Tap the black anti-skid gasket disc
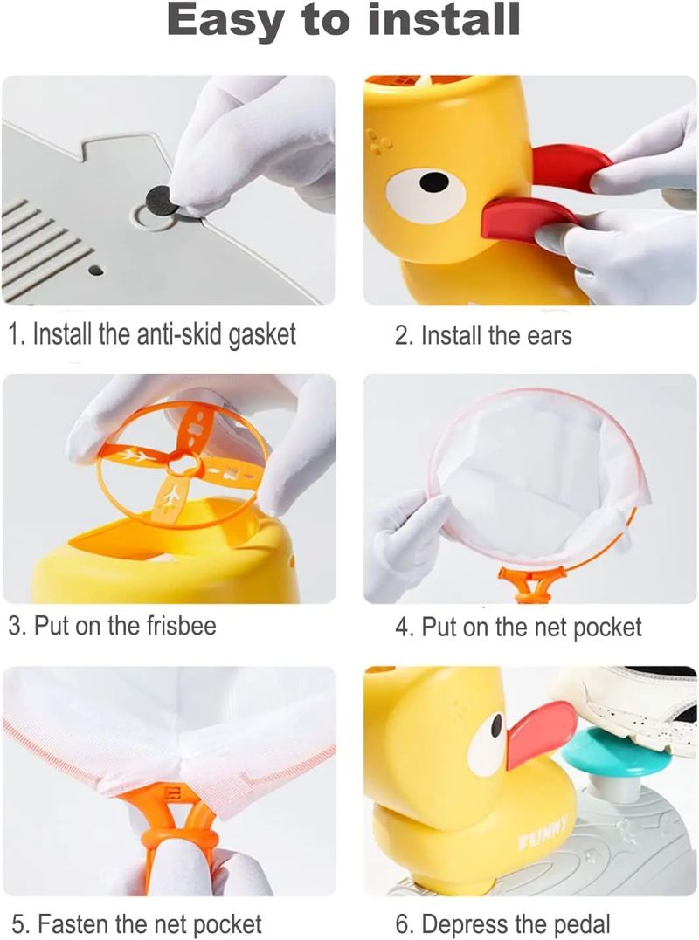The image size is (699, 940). coord(163,199)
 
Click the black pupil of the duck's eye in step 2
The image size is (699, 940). coord(433,182)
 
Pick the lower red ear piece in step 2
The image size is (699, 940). coord(528,219)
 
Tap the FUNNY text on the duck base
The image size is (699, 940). coord(543,834)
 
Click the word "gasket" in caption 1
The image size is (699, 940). coord(262,335)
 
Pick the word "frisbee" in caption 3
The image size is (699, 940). coord(181,625)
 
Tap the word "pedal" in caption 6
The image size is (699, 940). coord(581,923)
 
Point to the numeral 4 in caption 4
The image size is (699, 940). coord(401,627)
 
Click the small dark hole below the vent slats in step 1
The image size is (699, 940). coord(95,271)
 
